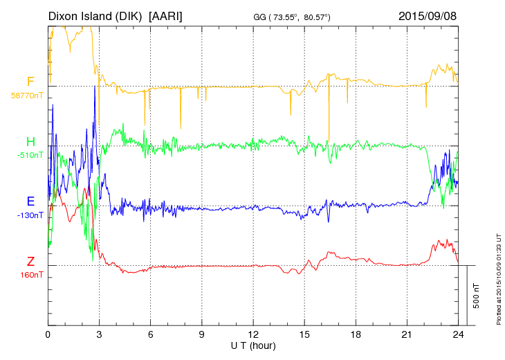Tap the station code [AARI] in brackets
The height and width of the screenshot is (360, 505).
click(x=165, y=15)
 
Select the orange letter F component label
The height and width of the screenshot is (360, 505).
click(x=30, y=82)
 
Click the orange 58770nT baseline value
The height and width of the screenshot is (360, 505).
click(x=26, y=96)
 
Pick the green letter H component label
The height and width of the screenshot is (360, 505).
click(x=30, y=142)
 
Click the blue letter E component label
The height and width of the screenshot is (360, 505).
click(x=30, y=201)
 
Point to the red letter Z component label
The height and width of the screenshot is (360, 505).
click(x=30, y=262)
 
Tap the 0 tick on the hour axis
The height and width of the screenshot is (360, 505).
click(x=48, y=334)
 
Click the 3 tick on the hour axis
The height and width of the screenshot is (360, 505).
click(x=99, y=334)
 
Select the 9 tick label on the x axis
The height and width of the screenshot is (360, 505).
click(x=202, y=334)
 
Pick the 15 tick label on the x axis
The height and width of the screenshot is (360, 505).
click(x=304, y=334)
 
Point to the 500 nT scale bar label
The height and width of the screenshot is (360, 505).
click(x=477, y=295)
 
